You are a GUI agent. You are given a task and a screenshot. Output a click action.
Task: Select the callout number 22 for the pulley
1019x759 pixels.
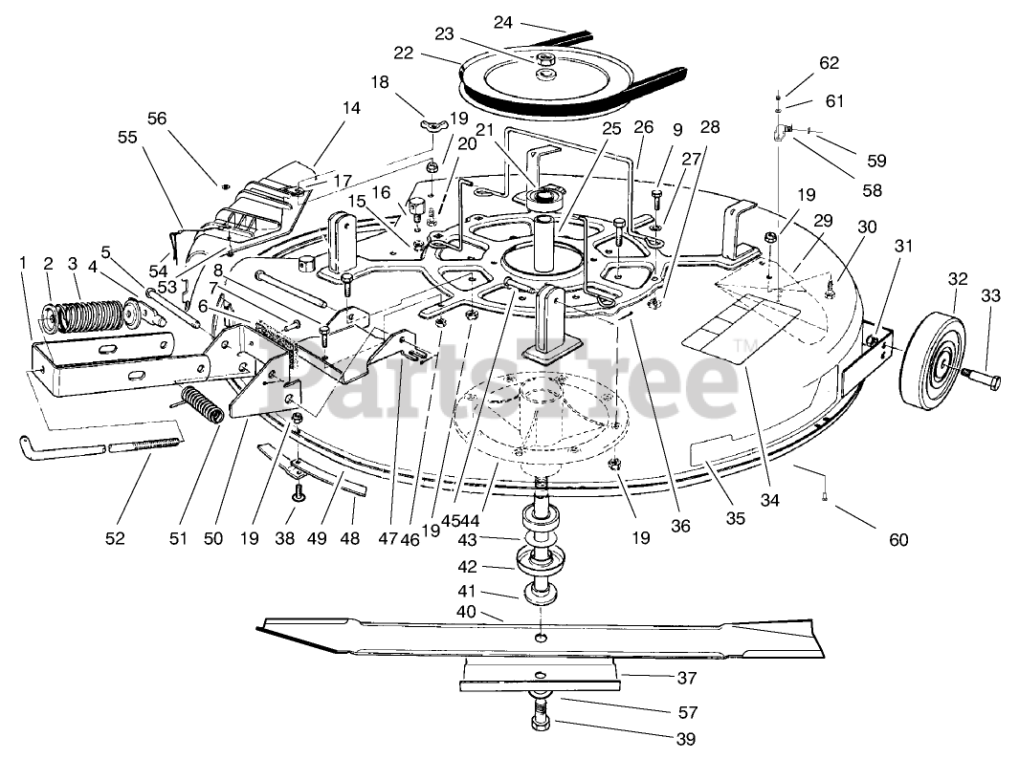pyautogui.click(x=403, y=54)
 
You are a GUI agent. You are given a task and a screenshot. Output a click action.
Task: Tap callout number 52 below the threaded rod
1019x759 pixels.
pyautogui.click(x=115, y=539)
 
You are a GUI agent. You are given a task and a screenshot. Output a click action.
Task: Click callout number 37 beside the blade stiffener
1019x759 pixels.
pyautogui.click(x=686, y=679)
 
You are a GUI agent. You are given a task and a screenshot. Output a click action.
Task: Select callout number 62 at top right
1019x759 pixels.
pyautogui.click(x=829, y=63)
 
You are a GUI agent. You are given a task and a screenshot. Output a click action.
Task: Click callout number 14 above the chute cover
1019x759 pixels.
pyautogui.click(x=351, y=108)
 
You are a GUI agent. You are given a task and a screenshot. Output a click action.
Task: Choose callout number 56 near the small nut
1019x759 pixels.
pyautogui.click(x=156, y=118)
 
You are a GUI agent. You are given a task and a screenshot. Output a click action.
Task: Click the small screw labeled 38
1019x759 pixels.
pyautogui.click(x=299, y=493)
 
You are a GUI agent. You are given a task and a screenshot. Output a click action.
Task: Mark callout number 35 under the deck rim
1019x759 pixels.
pyautogui.click(x=734, y=519)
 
